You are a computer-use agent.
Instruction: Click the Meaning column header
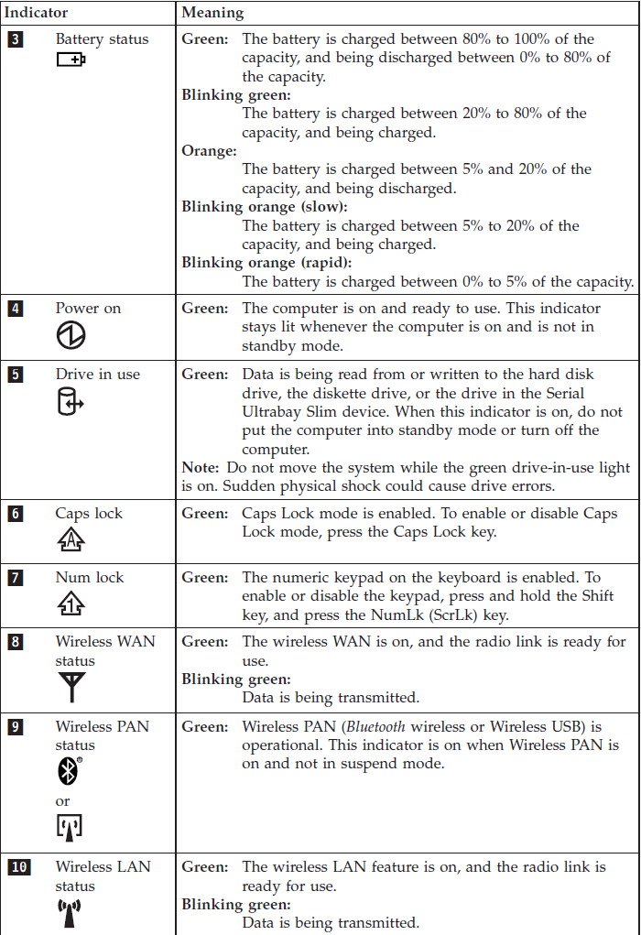(212, 14)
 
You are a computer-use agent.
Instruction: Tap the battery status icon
(71, 60)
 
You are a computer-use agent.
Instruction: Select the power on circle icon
(71, 335)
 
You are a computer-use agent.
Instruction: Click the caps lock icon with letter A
(71, 540)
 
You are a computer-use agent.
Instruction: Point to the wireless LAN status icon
(70, 912)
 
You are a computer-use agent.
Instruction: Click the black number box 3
(15, 39)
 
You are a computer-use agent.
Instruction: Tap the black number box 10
(18, 866)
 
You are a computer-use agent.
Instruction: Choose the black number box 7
(15, 578)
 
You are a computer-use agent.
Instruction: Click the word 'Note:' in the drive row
(201, 468)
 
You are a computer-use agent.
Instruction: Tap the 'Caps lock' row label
(89, 514)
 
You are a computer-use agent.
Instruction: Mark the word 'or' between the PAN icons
(62, 800)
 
